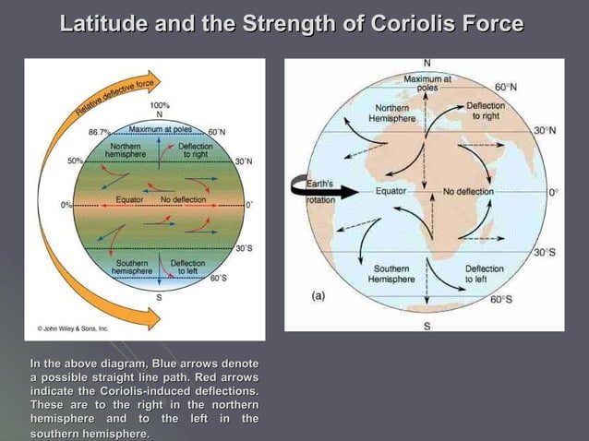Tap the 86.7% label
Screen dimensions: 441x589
(99, 132)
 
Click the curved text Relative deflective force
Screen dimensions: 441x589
(113, 102)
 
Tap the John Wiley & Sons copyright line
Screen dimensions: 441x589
(73, 328)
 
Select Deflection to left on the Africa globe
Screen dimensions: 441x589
(484, 274)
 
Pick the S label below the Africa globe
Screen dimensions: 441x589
(426, 326)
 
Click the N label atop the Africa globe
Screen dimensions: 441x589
(426, 63)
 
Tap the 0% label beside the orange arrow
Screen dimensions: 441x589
(66, 204)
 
